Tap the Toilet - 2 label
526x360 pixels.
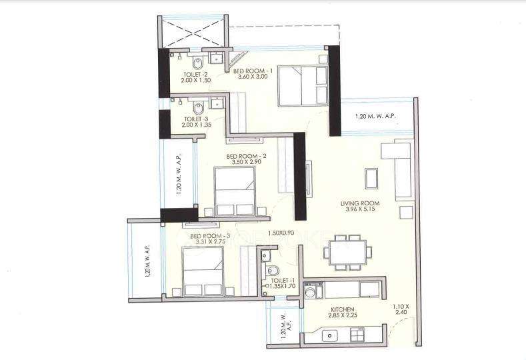[x=195, y=75]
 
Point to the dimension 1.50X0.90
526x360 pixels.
[x=282, y=233]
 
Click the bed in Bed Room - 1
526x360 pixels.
[x=301, y=85]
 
